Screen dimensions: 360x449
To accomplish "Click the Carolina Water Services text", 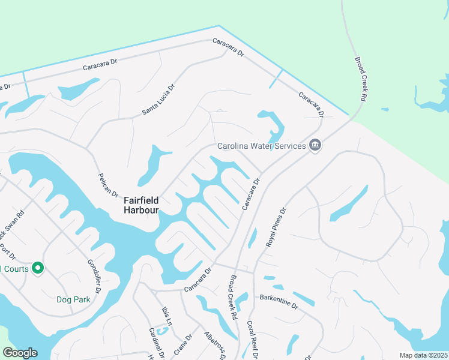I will click(262, 146).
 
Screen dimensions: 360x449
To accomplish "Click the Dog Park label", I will click(73, 299).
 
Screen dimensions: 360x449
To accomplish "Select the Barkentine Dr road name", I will click(279, 301).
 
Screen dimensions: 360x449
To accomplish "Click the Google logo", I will click(20, 353).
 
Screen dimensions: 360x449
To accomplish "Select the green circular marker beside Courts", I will click(38, 268).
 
